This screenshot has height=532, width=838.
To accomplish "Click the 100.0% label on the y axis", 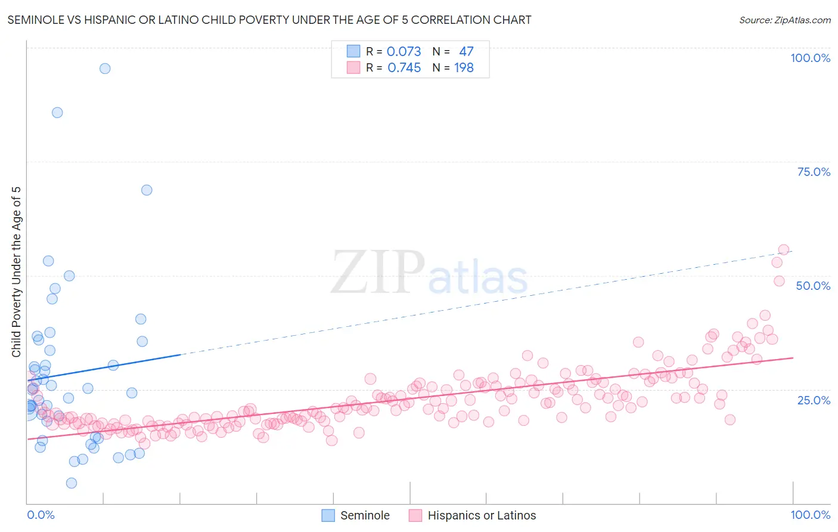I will [810, 58].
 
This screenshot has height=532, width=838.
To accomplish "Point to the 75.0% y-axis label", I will [814, 172].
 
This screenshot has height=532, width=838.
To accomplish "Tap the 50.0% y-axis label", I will [813, 286].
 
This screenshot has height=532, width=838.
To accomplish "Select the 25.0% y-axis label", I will [814, 400].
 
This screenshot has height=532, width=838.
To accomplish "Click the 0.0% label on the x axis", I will [41, 515].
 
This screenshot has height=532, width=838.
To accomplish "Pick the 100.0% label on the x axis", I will [810, 515].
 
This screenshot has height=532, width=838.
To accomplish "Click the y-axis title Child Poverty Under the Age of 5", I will [17, 272].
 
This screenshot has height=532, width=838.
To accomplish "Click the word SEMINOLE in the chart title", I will [35, 20].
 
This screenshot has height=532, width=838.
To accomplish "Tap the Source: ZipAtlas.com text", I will [784, 20].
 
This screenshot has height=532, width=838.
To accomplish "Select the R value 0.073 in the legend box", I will [404, 52].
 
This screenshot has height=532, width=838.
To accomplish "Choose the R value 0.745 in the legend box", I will [404, 68].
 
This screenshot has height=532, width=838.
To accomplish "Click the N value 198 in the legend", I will [464, 68].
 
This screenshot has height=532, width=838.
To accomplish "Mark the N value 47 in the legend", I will [466, 52].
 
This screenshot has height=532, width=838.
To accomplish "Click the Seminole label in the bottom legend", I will [365, 515].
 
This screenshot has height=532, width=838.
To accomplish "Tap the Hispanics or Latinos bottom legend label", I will [482, 515].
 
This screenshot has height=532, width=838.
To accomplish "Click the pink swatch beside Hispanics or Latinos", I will [415, 515].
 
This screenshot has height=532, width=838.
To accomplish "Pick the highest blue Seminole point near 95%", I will [105, 69].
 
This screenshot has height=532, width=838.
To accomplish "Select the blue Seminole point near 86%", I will [57, 113].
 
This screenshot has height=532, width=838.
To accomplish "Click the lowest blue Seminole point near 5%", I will [72, 483].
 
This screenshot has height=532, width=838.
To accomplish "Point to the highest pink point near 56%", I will [784, 250].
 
